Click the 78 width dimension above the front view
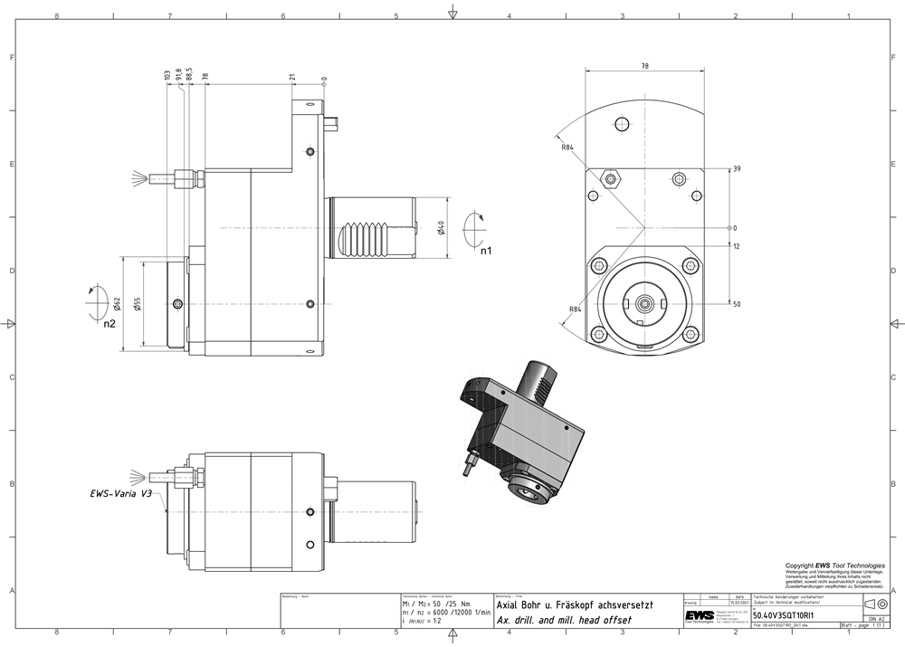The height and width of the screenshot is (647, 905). [x=643, y=66]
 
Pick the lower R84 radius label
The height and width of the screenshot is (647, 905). [x=575, y=309]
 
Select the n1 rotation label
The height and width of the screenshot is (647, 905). [x=486, y=251]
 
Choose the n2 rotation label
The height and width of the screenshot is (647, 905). [x=110, y=323]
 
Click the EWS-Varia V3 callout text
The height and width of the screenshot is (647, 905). [x=121, y=494]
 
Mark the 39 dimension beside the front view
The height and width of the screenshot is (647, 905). [x=737, y=169]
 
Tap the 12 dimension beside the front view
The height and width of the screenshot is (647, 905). [x=737, y=246]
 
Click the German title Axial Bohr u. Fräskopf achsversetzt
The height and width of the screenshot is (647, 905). [x=575, y=604]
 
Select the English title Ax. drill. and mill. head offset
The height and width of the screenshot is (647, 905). [x=562, y=620]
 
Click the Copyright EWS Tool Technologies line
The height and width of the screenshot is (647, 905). [x=835, y=566]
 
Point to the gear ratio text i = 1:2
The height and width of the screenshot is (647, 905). [x=430, y=621]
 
